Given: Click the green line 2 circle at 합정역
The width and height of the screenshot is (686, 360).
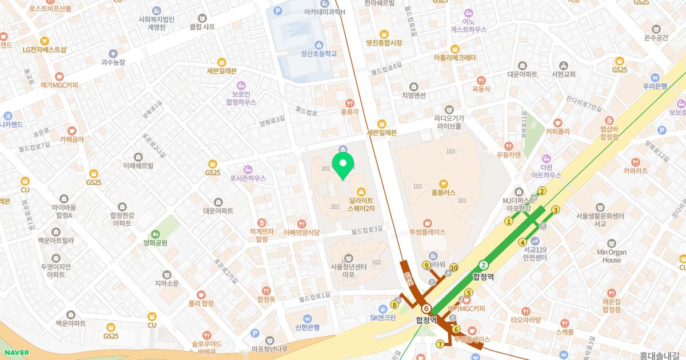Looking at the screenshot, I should pyautogui.click(x=484, y=265).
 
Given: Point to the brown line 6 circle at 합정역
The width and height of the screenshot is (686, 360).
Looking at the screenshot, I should pyautogui.click(x=426, y=309).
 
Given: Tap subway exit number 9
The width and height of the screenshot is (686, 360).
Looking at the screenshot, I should pyautogui.click(x=426, y=265).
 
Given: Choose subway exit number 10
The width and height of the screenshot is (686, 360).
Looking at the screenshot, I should pyautogui.click(x=454, y=267).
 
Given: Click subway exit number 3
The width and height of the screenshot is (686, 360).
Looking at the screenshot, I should pyautogui.click(x=555, y=210).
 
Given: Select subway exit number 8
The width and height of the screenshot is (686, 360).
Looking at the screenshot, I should pyautogui.click(x=394, y=305).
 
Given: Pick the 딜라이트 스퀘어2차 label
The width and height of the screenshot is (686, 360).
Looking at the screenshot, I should pyautogui.click(x=361, y=205).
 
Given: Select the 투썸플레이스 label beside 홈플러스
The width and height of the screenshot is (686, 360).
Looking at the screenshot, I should pyautogui.click(x=427, y=232).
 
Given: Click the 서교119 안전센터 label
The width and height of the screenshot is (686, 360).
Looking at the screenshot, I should pyautogui.click(x=535, y=253).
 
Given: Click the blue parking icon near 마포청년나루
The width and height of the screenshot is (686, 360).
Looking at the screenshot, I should pyautogui.click(x=254, y=333).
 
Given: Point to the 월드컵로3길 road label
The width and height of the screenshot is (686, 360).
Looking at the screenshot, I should pyautogui.click(x=366, y=230).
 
